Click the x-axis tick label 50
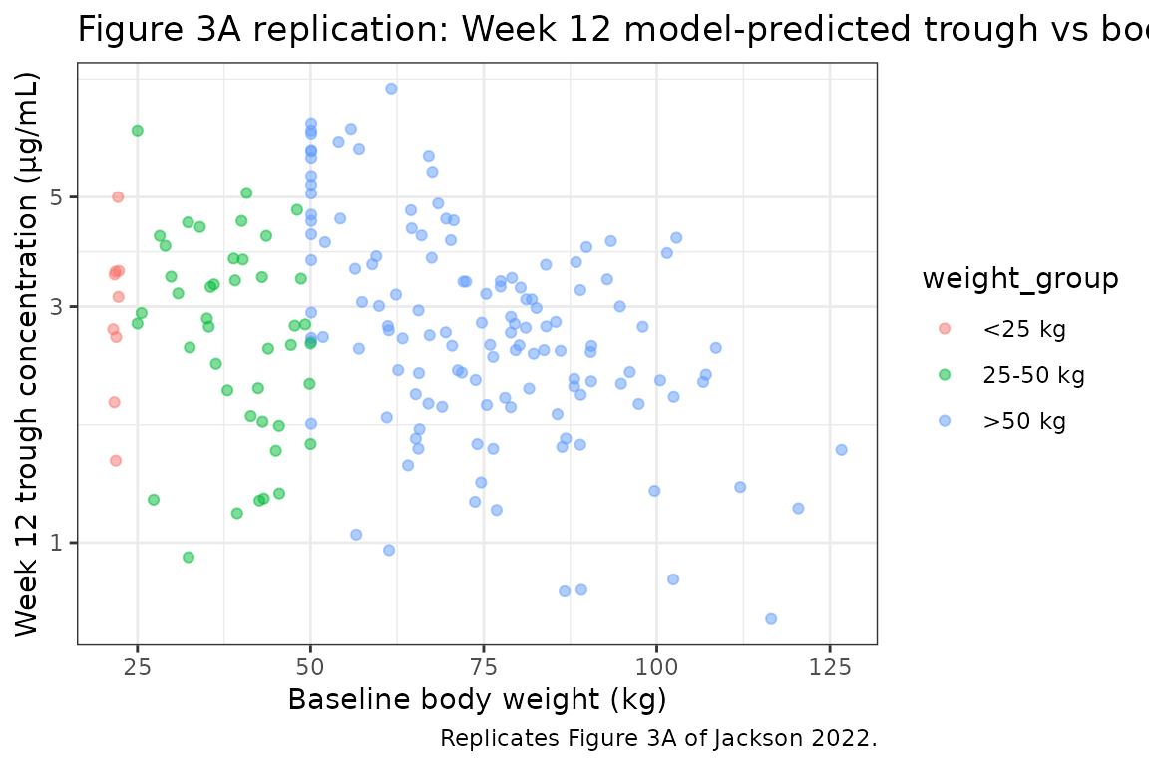tap(310, 666)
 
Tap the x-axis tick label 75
tap(484, 666)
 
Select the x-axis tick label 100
tap(656, 666)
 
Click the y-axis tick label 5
tap(57, 197)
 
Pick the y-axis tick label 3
tap(57, 306)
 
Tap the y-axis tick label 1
tap(57, 543)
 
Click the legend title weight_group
tap(1019, 279)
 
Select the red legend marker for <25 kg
tap(945, 329)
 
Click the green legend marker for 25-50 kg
tap(945, 375)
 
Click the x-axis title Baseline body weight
tap(477, 700)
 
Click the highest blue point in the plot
tap(391, 89)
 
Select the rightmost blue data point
tap(841, 450)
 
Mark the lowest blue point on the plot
tap(771, 618)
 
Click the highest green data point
tap(138, 131)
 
